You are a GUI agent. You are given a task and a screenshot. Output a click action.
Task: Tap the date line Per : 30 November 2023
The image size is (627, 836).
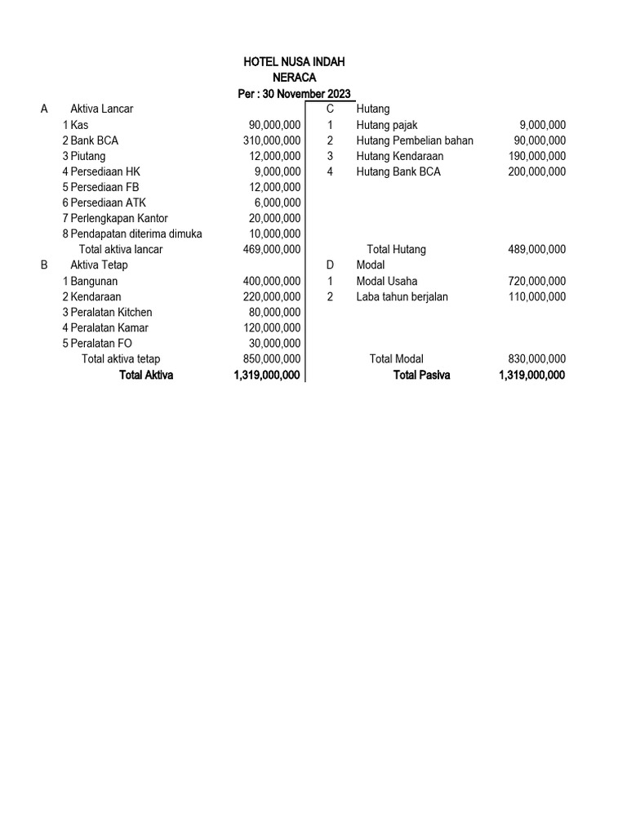coord(294,94)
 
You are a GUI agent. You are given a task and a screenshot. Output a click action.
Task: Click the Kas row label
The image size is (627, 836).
coord(79,125)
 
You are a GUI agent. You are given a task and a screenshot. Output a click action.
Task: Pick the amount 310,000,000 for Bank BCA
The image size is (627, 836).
coord(272,140)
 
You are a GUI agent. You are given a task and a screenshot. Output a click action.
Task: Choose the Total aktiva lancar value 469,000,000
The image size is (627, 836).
coord(272,249)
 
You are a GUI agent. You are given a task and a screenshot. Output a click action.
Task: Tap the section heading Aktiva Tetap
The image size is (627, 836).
coord(99,265)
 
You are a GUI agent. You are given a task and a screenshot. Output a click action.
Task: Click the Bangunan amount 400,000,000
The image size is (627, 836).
coord(272,281)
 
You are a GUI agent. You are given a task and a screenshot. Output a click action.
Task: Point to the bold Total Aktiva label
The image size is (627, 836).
coord(146,375)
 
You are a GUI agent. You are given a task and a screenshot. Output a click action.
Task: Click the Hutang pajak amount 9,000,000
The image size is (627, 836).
coord(542,125)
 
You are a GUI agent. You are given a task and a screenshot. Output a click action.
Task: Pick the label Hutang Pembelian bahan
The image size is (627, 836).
coord(415,140)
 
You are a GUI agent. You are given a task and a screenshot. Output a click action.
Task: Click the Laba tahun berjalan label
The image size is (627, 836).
coord(402,296)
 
